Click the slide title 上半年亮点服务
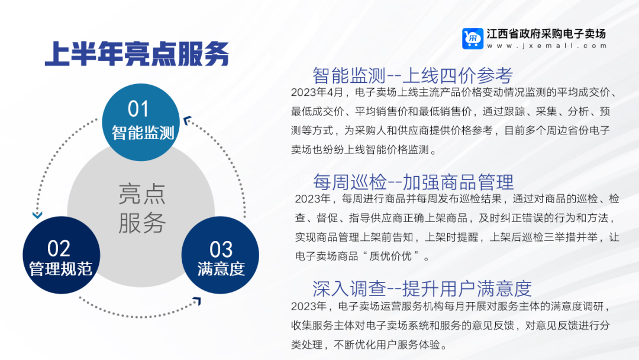137,54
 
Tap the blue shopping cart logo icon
473,38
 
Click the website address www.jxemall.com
547,46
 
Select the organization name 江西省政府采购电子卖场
547,34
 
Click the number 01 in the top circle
138,109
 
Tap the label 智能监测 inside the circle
143,133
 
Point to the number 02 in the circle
59,248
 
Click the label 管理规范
61,269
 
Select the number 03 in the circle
221,249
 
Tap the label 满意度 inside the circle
221,269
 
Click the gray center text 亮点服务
142,208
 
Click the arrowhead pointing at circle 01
188,120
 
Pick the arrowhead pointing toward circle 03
197,301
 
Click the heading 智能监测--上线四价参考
412,75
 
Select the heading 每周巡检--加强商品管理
413,182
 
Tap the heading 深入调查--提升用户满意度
422,288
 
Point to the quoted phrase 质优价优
390,256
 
